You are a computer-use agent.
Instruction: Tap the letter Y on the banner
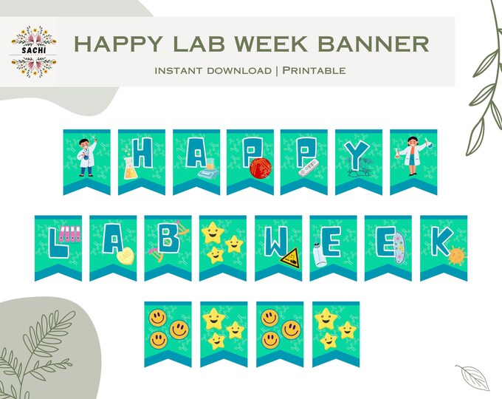[x=358, y=155]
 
